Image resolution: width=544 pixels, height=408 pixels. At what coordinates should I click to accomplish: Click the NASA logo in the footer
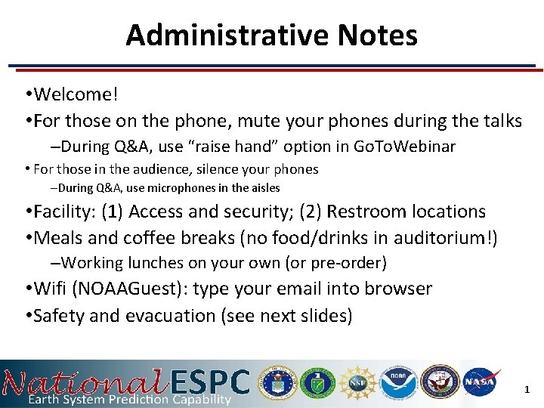[x=481, y=382]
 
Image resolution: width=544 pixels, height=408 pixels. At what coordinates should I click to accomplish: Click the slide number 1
[x=527, y=390]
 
